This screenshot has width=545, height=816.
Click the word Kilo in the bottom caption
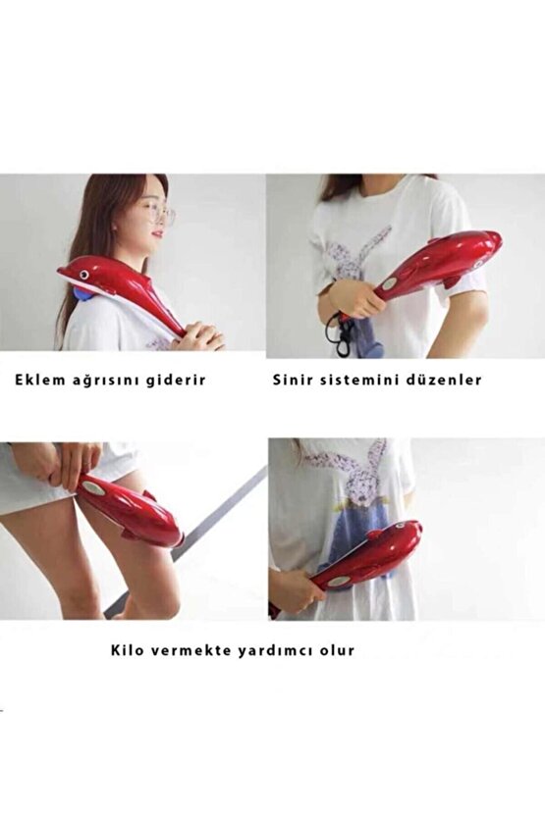(x=128, y=650)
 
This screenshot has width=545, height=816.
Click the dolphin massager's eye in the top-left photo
(x=83, y=274)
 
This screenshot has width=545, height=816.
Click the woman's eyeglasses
(x=160, y=214)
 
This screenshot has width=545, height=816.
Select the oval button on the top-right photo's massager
(x=389, y=284)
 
